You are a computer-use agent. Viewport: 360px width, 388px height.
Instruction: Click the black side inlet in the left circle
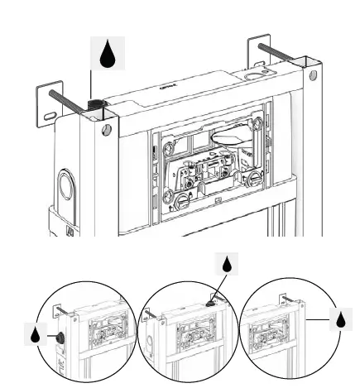click(x=60, y=338)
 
